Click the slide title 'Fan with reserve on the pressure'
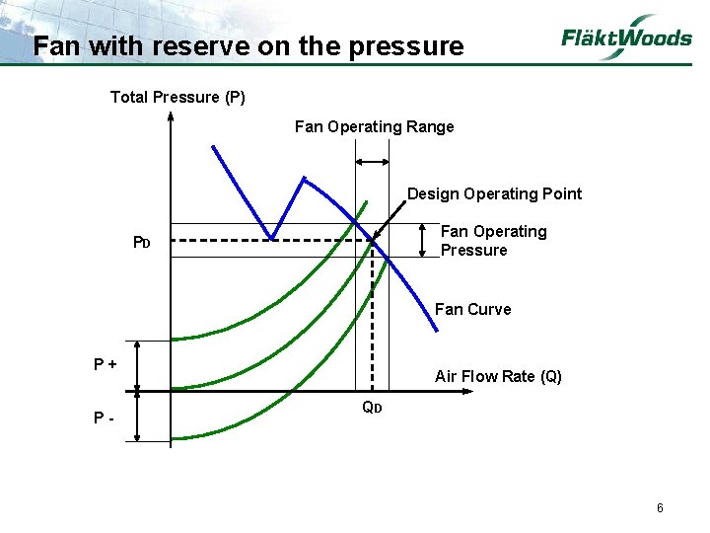(x=248, y=46)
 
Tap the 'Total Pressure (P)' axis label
(x=177, y=97)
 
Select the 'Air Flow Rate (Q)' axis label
(x=498, y=376)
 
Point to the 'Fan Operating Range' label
(x=374, y=126)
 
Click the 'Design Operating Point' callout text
(x=494, y=193)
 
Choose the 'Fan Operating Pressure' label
(x=493, y=241)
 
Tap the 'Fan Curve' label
(x=472, y=309)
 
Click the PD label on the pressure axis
(x=142, y=243)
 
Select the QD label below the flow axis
(x=371, y=407)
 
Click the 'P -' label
(x=104, y=417)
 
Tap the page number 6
(x=660, y=508)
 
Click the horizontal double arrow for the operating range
(x=372, y=161)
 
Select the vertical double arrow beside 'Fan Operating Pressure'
(x=422, y=240)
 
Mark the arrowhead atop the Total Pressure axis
(x=171, y=116)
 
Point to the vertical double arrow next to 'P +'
(x=139, y=366)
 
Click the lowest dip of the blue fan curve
(x=272, y=237)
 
